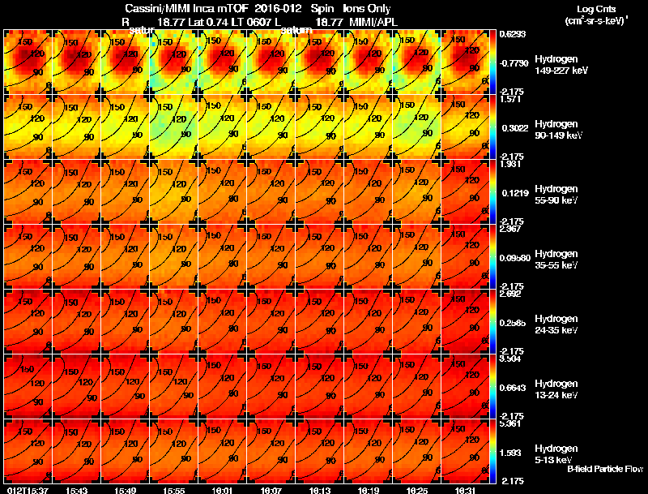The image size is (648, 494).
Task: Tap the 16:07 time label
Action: [271, 490]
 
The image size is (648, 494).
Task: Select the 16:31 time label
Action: [466, 490]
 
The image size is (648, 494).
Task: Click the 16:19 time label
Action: [369, 490]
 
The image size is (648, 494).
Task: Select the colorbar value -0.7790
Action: [514, 62]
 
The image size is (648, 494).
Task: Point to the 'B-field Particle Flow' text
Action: [605, 469]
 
